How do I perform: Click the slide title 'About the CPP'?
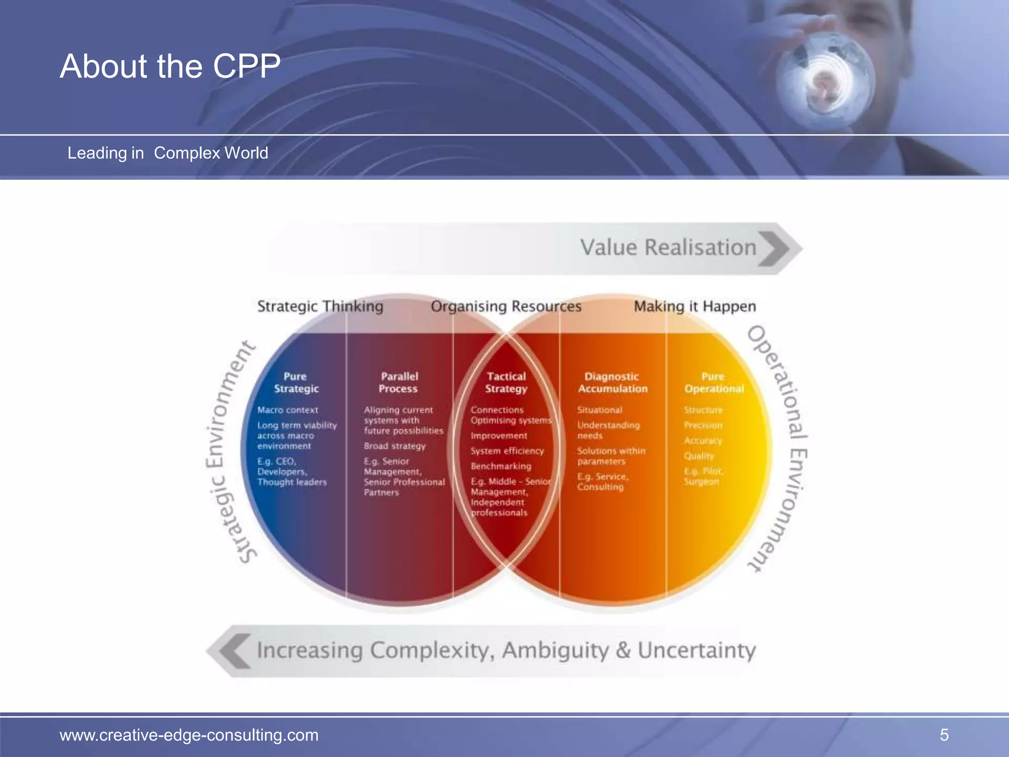[x=170, y=66]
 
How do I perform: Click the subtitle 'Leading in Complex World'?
[x=168, y=153]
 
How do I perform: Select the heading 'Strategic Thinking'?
[x=320, y=307]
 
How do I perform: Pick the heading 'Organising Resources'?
[x=506, y=307]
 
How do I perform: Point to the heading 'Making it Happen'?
[x=695, y=307]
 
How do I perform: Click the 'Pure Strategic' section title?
[x=296, y=382]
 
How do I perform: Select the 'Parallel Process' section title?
[x=399, y=382]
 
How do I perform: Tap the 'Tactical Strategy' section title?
[x=506, y=382]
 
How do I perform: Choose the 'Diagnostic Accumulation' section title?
[x=612, y=382]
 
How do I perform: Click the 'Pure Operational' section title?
[x=714, y=382]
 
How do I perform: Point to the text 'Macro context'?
[x=288, y=410]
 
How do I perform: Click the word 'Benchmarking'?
[x=501, y=466]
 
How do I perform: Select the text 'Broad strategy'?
[x=395, y=446]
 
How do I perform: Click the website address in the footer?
[x=189, y=735]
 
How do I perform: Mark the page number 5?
[x=944, y=735]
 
